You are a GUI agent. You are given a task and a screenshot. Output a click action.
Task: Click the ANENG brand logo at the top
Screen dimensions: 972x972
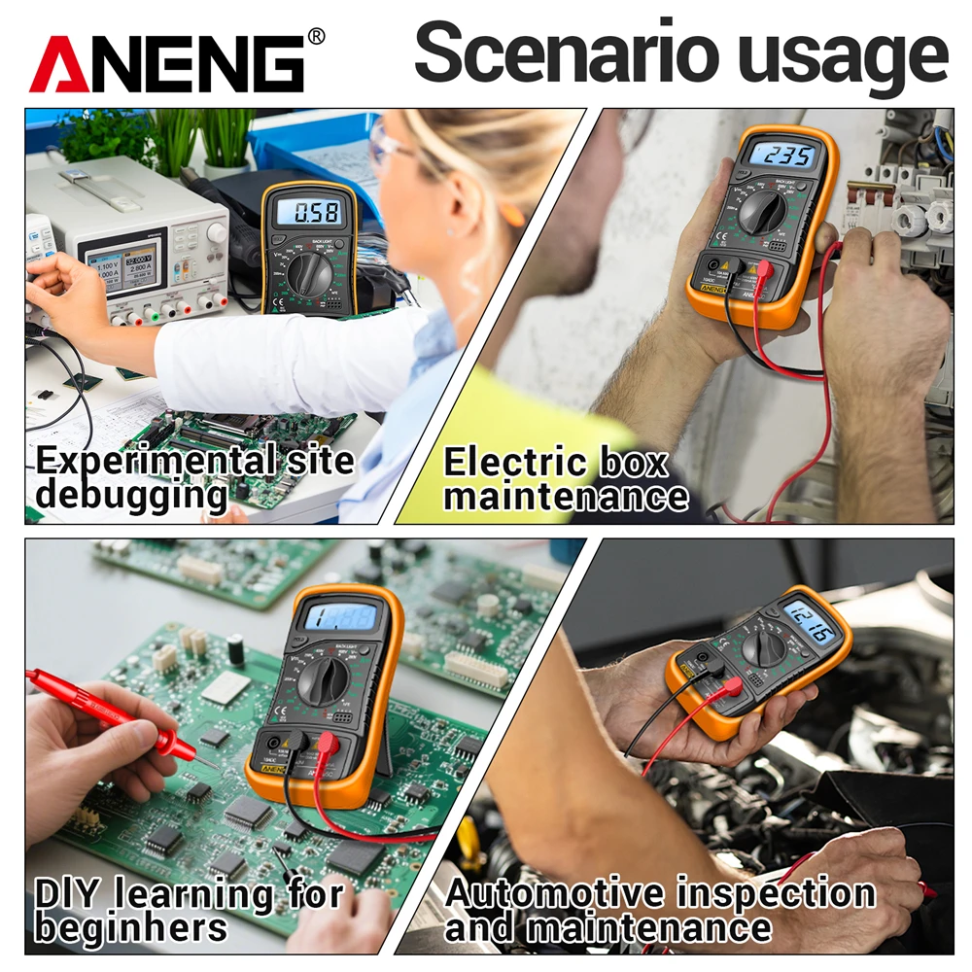[167, 63]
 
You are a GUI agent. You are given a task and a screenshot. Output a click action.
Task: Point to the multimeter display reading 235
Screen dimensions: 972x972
[775, 156]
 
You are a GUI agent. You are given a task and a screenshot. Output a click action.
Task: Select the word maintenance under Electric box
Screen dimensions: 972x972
[567, 498]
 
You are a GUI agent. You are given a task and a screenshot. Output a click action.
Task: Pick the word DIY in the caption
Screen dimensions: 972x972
[67, 891]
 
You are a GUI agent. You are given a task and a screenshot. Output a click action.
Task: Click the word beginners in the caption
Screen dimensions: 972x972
[131, 927]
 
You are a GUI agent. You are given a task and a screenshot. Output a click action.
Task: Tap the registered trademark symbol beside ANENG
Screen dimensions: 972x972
[316, 37]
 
